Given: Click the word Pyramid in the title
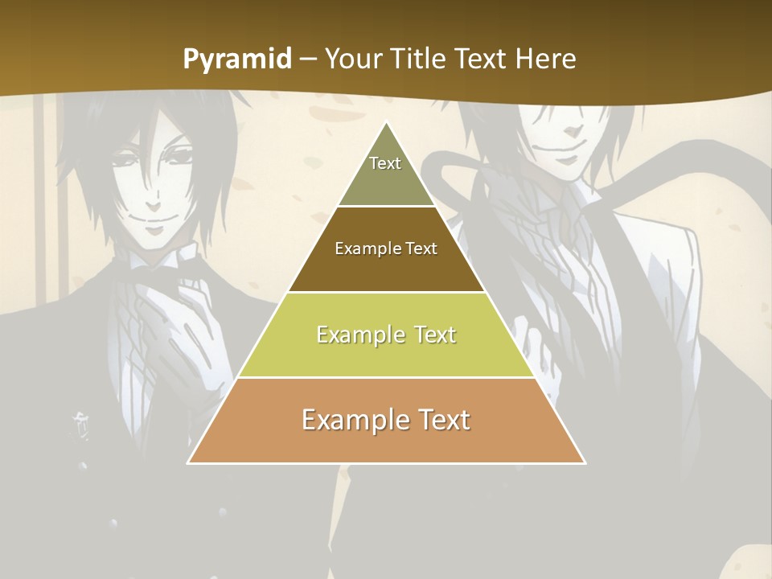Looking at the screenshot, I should pos(236,60).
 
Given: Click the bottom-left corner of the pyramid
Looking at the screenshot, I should pos(189,462).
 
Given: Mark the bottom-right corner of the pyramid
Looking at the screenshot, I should pos(585,462).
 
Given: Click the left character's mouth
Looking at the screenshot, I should pos(153,218).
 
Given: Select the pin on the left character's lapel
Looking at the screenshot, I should pos(80,422).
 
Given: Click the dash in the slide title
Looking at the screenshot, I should pos(308,60).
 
